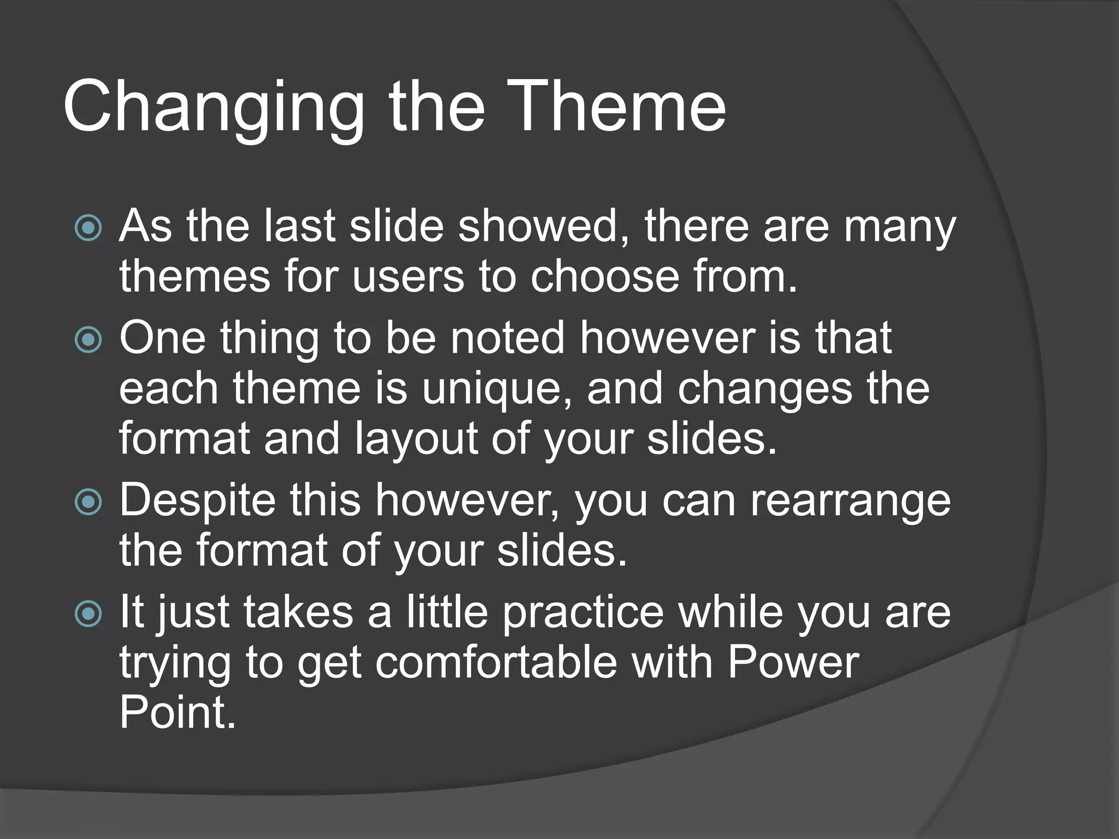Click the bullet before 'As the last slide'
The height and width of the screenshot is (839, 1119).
pos(88,228)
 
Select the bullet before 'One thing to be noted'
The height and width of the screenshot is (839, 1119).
pos(88,340)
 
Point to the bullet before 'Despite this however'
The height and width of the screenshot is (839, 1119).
pos(88,502)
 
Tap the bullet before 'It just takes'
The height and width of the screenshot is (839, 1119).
pos(88,613)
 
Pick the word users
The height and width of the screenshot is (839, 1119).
pos(408,277)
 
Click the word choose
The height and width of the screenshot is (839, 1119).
pos(605,277)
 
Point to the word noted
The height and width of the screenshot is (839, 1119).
pos(508,338)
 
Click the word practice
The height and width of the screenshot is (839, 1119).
pos(583,612)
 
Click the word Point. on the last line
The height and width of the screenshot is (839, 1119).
pos(178,713)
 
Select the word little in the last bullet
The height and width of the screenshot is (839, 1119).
pos(447,612)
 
